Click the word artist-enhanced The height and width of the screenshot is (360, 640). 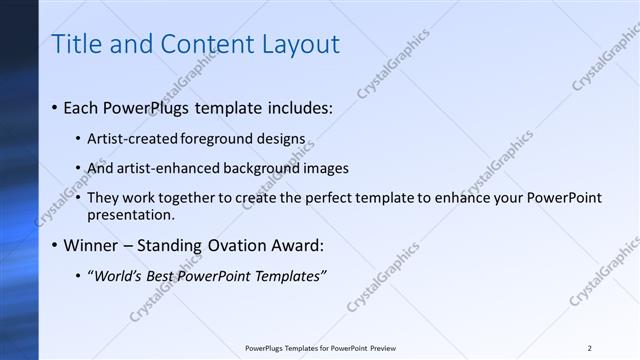point(162,168)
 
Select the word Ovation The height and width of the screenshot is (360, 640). point(226,245)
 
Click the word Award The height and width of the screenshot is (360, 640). point(296,245)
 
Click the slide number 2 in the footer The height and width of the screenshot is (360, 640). point(590,348)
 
